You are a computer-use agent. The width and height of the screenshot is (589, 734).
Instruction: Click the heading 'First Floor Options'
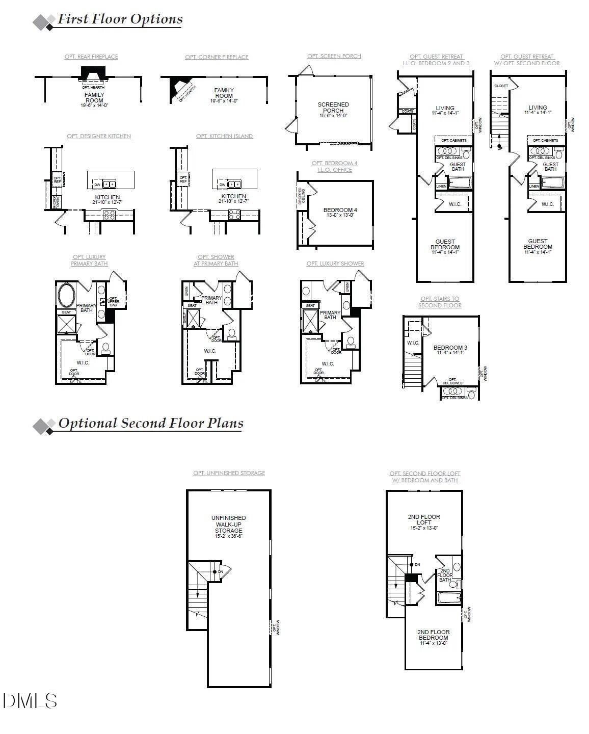(120, 19)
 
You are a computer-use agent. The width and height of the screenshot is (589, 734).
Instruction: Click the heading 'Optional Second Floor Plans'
(150, 424)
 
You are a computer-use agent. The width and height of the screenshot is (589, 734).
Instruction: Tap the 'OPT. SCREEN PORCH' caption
(334, 56)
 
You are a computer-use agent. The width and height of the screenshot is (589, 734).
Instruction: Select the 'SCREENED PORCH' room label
(333, 108)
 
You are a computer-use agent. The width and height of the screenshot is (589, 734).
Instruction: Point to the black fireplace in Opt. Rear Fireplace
(93, 74)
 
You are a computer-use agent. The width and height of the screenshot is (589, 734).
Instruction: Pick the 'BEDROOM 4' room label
(340, 210)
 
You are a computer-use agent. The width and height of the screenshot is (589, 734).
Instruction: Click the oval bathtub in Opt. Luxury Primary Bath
(66, 295)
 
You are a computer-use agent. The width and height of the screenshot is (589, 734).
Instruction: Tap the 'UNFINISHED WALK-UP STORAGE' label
(228, 525)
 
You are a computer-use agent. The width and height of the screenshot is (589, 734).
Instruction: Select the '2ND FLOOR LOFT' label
(424, 519)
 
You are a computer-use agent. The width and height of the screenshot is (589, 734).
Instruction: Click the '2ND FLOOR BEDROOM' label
(434, 635)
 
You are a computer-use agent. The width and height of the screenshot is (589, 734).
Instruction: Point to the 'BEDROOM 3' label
(450, 348)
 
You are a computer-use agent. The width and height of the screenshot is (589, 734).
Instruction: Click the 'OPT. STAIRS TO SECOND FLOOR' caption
(440, 302)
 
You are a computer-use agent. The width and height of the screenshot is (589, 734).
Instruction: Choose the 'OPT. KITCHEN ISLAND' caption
(224, 136)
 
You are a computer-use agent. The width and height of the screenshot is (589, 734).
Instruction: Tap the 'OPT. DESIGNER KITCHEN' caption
(99, 136)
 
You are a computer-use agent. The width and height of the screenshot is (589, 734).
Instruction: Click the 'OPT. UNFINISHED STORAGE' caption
(229, 473)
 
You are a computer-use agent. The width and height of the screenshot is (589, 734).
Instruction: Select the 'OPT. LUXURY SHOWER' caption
(335, 264)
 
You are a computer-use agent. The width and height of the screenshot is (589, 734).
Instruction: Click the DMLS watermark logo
(30, 701)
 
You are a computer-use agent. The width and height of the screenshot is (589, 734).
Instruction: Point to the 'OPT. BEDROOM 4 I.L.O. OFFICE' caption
(334, 167)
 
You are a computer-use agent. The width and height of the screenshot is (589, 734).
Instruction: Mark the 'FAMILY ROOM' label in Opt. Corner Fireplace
(224, 93)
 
